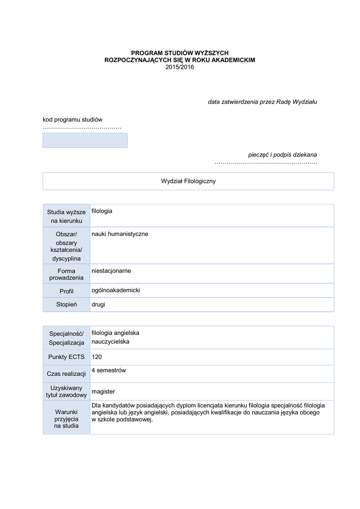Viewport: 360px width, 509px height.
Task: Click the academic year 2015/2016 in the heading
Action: [x=180, y=67]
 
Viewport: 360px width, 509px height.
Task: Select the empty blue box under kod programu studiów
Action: [x=85, y=140]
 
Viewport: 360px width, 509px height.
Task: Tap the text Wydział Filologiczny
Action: [x=188, y=181]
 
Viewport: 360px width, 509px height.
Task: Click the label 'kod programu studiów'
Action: [x=72, y=119]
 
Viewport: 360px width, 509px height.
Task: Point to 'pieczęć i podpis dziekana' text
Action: [x=283, y=155]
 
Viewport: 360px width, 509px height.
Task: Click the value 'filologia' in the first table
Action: [x=102, y=211]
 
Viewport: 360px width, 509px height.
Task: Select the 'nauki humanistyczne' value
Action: [x=120, y=234]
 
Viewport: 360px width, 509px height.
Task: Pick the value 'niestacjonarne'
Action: [x=111, y=271]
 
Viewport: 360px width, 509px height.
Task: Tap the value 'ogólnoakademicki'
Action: [x=116, y=290]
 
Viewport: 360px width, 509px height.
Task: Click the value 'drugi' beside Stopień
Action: [x=98, y=304]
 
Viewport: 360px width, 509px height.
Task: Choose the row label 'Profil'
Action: [x=67, y=291]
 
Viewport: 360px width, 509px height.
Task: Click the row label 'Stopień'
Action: [x=67, y=305]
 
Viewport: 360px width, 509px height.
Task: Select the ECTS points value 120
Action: [x=96, y=357]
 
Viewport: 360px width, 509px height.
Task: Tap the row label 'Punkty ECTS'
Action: [x=67, y=357]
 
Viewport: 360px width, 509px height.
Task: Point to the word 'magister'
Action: [x=103, y=392]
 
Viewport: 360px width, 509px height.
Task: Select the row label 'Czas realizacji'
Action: [x=67, y=374]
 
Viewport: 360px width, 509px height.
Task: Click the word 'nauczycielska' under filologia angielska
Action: [x=110, y=342]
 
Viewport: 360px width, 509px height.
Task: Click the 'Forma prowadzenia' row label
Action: [x=67, y=274]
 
